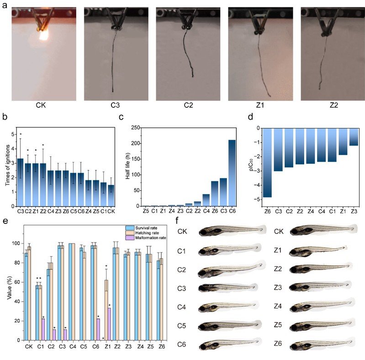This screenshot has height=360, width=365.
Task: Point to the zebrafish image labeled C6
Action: (228, 344)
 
